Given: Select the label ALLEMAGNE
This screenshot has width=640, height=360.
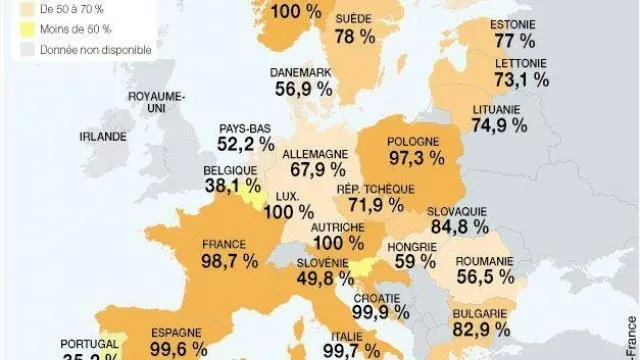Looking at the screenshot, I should (x=315, y=154).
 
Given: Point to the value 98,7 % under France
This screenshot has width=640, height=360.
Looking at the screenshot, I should (x=229, y=260).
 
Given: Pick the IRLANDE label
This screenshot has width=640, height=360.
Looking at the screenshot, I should (x=103, y=135).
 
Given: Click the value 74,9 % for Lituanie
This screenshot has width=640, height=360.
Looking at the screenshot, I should (x=497, y=125).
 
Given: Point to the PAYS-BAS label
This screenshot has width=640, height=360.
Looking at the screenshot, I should (x=246, y=127).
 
